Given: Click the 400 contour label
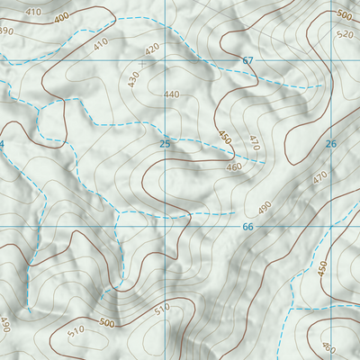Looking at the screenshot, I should click(61, 18).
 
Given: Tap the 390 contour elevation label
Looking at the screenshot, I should click(5, 31).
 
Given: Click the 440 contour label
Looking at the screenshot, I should click(172, 94).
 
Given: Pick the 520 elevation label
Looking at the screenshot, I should click(344, 34).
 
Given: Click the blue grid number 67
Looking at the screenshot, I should click(248, 60).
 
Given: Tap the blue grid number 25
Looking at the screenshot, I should click(165, 144).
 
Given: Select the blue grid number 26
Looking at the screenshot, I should click(330, 144).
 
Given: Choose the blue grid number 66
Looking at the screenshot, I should click(248, 226).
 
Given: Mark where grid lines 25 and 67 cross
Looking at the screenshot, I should click(165, 60).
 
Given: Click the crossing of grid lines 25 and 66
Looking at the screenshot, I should click(165, 226).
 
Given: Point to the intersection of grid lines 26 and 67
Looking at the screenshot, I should click(330, 60).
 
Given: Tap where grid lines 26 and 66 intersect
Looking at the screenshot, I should click(330, 226).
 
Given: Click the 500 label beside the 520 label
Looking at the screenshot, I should click(343, 15).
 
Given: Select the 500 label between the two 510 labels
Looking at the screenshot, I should click(108, 322).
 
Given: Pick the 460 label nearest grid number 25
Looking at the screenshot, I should click(234, 166).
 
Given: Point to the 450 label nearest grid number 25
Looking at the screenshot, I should click(224, 137).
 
